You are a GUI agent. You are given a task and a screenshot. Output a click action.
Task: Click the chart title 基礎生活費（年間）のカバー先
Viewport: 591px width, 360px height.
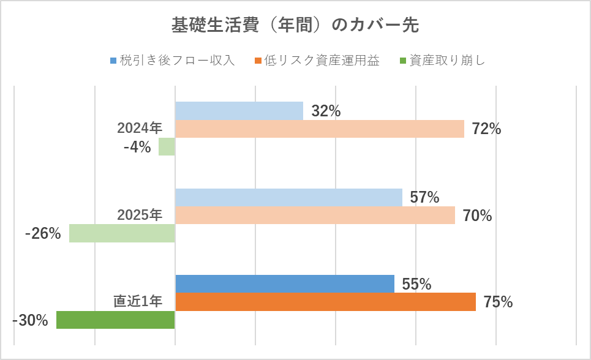[295, 26]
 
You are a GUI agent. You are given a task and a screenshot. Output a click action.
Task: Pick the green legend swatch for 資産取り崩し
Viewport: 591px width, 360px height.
[402, 61]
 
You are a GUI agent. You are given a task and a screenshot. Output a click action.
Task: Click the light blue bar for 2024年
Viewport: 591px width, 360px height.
[239, 111]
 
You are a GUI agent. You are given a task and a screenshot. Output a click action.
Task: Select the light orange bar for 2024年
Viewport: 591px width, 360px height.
[319, 129]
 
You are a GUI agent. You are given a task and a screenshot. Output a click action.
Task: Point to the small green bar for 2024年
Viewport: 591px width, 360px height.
[167, 147]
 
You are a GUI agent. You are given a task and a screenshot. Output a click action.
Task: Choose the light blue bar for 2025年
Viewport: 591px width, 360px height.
[288, 197]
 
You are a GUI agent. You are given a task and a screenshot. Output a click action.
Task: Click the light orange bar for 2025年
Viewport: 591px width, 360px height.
[315, 216]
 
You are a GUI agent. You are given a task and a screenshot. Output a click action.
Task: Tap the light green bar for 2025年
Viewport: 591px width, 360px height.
[122, 233]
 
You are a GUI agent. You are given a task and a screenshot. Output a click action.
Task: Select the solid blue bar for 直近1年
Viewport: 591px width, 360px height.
[284, 284]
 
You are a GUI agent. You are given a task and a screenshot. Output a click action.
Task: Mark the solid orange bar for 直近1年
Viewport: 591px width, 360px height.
[325, 302]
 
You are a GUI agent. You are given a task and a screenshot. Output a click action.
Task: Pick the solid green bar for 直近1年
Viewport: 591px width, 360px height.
[115, 320]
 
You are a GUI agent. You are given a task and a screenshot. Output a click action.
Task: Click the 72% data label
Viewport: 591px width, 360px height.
[486, 129]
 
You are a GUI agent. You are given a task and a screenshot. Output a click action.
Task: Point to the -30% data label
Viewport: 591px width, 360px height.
[30, 320]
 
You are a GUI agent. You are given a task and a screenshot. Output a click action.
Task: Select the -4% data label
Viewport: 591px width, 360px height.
[137, 147]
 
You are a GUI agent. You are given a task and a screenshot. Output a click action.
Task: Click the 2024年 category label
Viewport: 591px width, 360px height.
[140, 129]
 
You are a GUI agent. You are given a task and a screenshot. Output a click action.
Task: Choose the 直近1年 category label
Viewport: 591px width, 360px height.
[138, 301]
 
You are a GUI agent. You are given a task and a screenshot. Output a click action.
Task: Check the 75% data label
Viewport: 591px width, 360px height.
[498, 302]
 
